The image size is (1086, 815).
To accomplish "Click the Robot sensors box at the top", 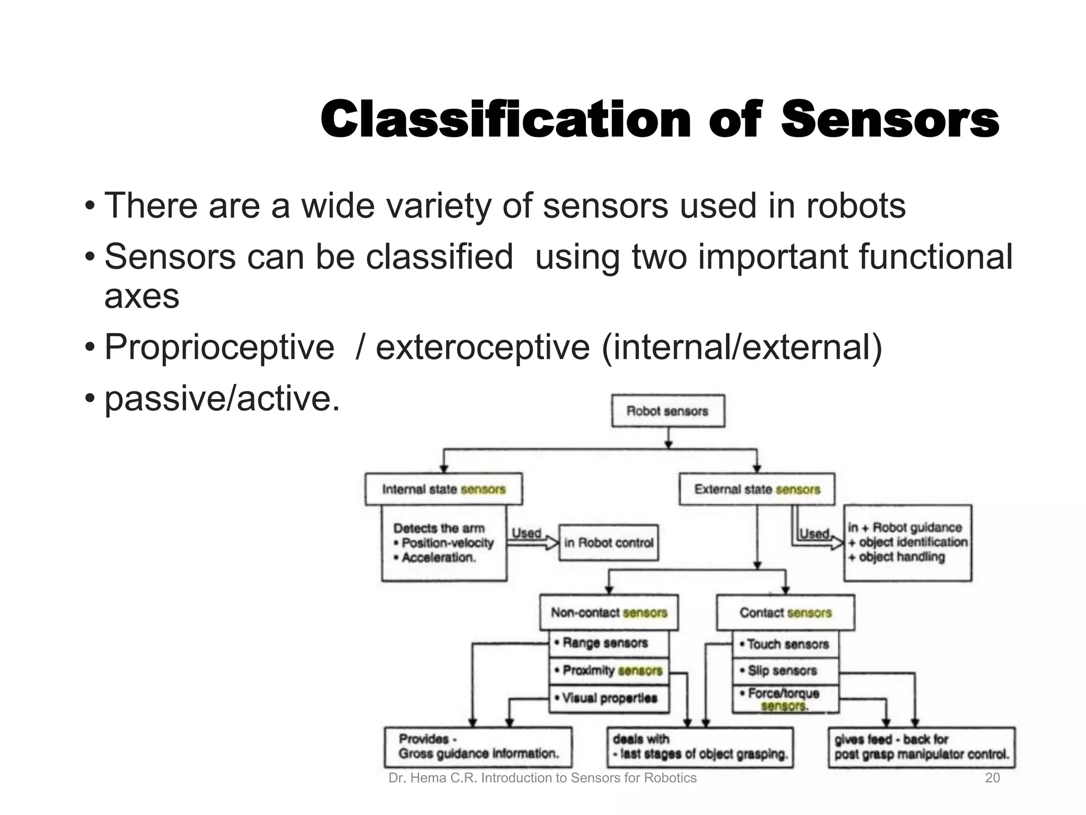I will click(668, 411).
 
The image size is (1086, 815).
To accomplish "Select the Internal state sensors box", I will click(443, 489).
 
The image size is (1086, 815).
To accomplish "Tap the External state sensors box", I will click(757, 489).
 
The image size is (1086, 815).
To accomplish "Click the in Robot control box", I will click(608, 543).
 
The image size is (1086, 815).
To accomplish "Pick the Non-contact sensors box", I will click(608, 613).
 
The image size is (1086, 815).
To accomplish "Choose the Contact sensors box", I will click(785, 613).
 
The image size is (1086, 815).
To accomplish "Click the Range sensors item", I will click(608, 644).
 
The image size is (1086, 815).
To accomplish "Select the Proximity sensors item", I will click(608, 671).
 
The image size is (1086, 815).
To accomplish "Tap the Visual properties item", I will click(608, 698).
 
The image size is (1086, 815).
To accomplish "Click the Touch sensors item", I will click(785, 644).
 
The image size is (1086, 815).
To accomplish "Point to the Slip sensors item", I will click(785, 671).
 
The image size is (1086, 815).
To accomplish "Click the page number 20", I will click(992, 778).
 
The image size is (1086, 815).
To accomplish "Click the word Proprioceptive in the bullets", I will click(219, 347).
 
